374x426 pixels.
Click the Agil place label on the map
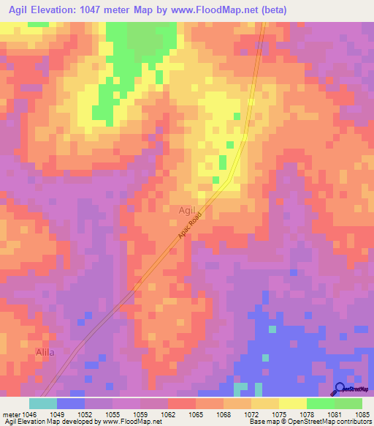tap(187, 211)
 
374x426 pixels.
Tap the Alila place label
tap(45, 353)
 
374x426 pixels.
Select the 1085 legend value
tap(362, 414)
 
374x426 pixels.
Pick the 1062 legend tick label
tap(168, 414)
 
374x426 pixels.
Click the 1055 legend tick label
tap(112, 414)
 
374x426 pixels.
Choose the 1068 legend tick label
tap(224, 414)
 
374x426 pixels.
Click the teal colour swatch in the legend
tap(43, 403)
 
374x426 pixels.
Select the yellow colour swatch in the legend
tap(292, 403)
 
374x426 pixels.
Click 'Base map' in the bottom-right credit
tap(261, 422)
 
